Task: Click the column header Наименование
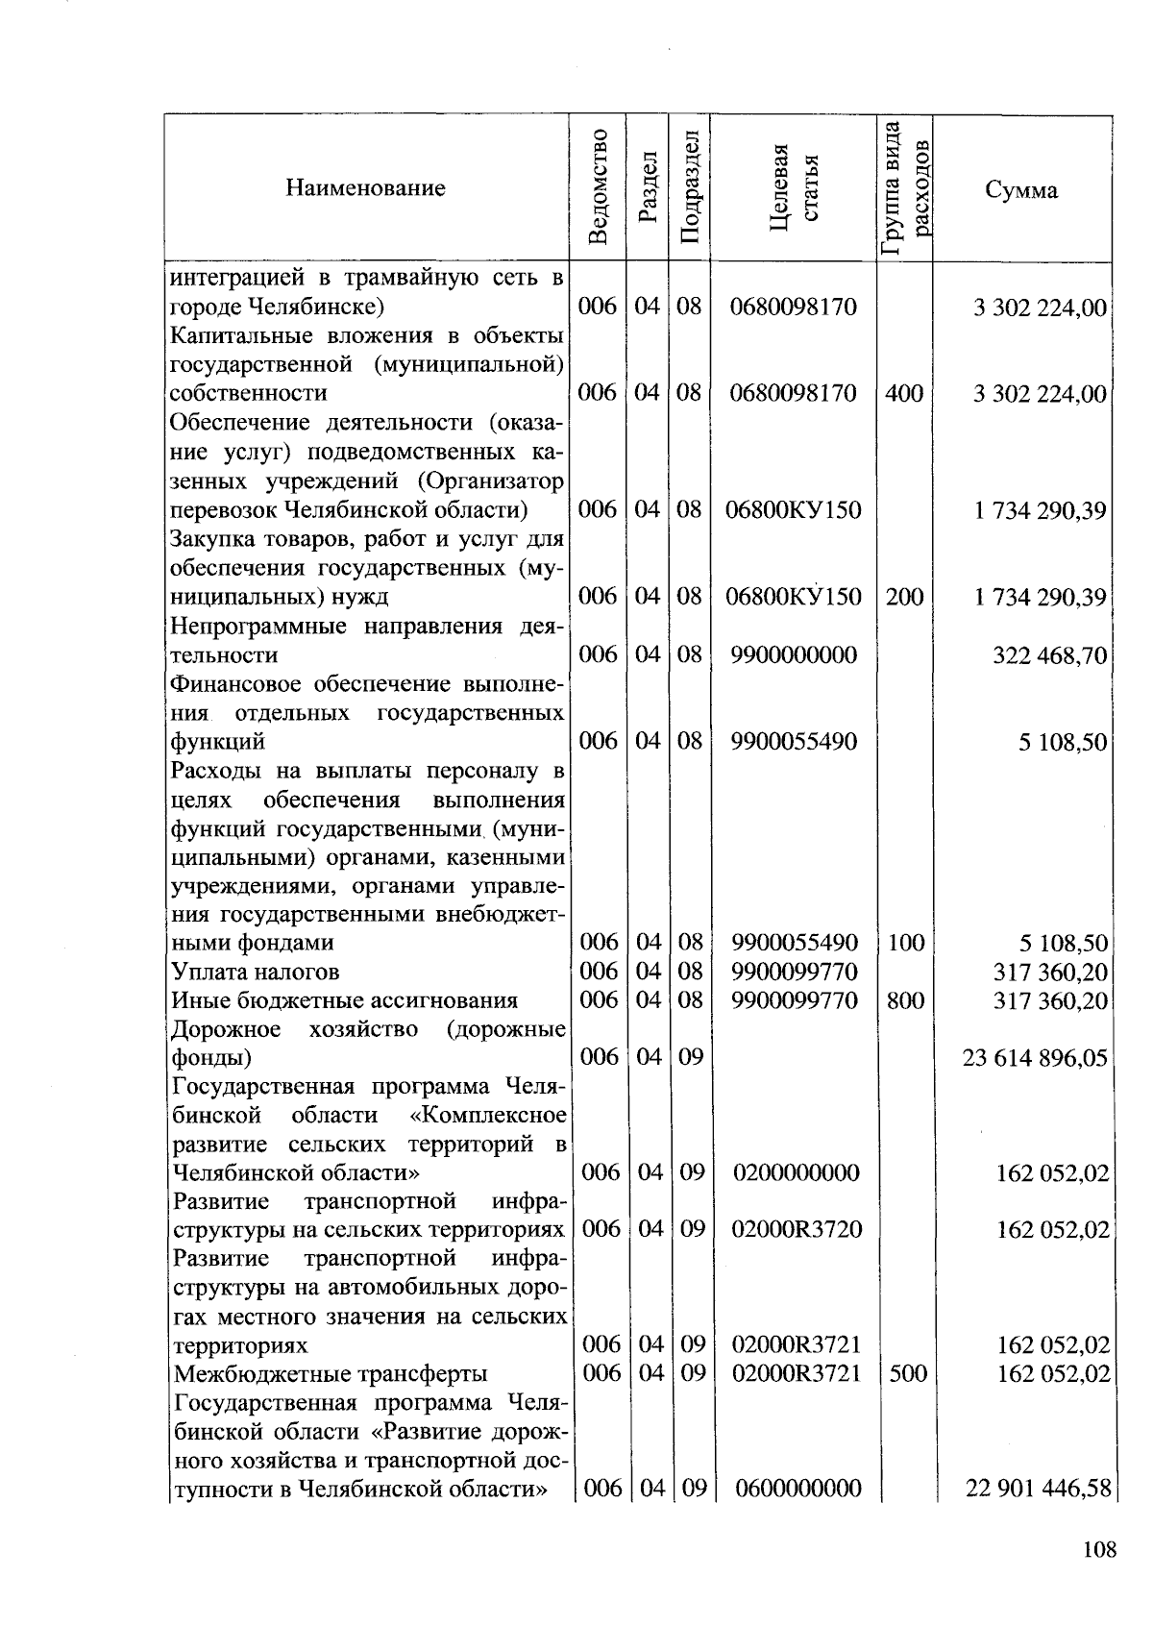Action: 365,188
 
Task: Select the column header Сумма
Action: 1021,189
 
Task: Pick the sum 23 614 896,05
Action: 1035,1058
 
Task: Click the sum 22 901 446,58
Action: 1038,1490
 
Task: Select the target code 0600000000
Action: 797,1489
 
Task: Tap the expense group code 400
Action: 904,393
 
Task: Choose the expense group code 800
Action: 905,1000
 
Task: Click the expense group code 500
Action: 907,1373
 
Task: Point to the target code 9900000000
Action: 794,655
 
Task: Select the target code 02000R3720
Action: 797,1229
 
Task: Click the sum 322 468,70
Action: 1049,656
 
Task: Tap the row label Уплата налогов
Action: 255,972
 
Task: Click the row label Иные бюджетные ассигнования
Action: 344,1000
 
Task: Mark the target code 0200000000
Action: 797,1172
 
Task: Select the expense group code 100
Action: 905,943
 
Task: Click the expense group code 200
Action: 904,597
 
